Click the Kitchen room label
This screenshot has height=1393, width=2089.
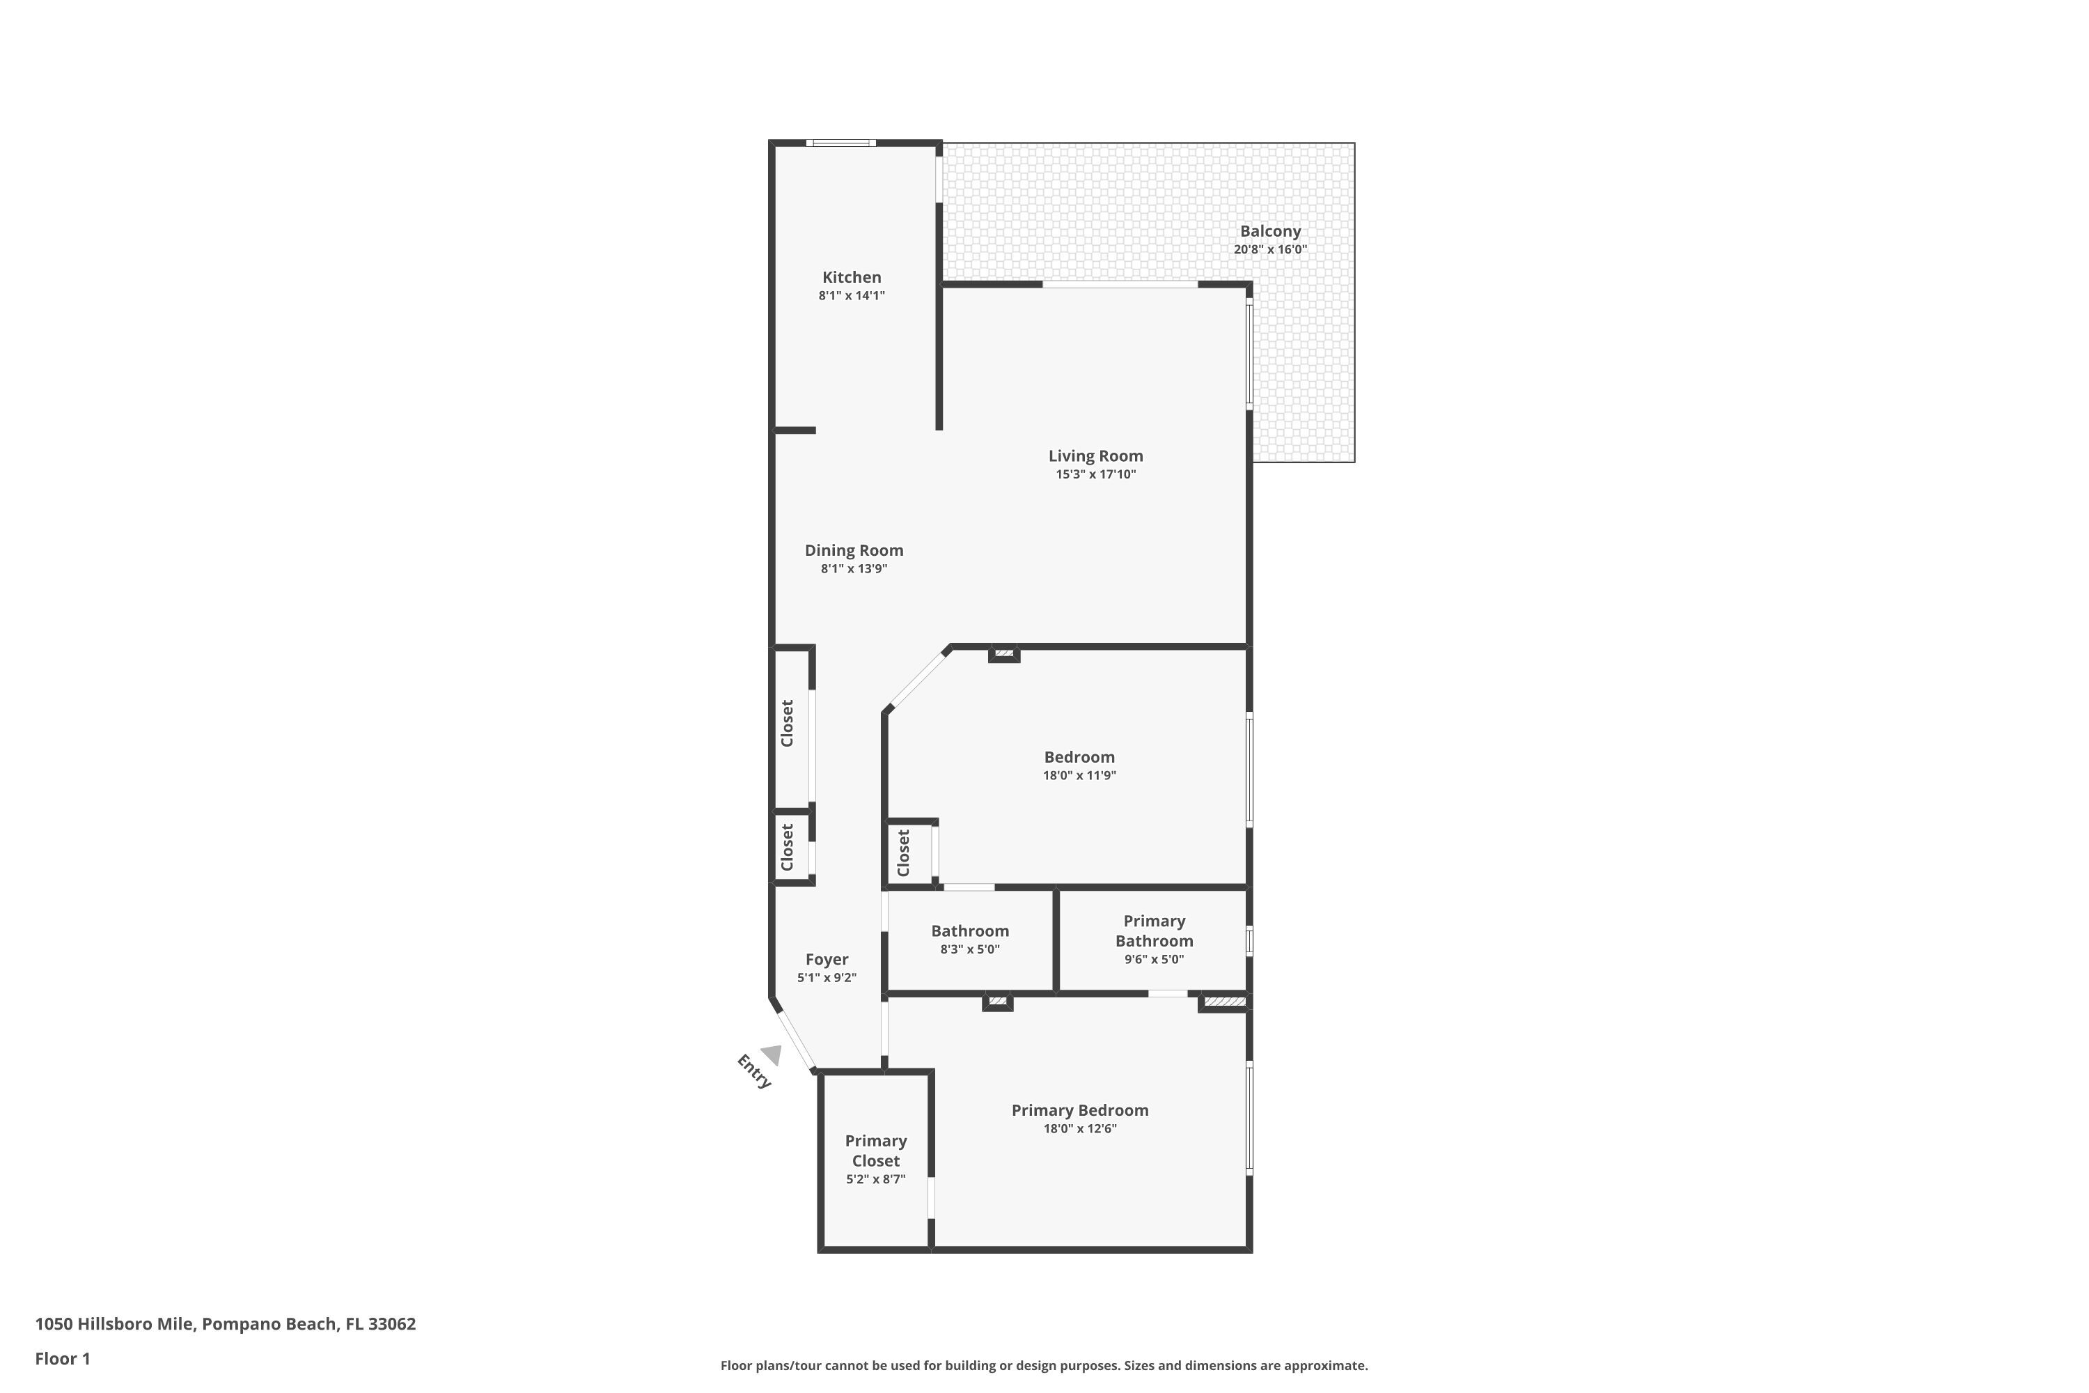[851, 277]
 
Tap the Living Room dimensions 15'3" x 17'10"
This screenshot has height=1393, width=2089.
[1095, 474]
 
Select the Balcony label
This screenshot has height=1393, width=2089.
[1270, 231]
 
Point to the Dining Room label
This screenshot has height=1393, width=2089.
[854, 550]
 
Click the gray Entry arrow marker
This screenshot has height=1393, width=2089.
[772, 1055]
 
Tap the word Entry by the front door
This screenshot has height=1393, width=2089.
[754, 1071]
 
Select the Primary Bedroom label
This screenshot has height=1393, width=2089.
[1079, 1110]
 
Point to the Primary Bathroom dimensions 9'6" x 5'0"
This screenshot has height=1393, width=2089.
[1154, 960]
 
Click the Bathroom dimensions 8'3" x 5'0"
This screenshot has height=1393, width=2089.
[970, 949]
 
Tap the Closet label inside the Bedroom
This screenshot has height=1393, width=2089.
[903, 853]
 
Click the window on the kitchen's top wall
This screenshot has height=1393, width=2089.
[840, 143]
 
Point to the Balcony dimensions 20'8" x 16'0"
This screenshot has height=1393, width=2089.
[1270, 249]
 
